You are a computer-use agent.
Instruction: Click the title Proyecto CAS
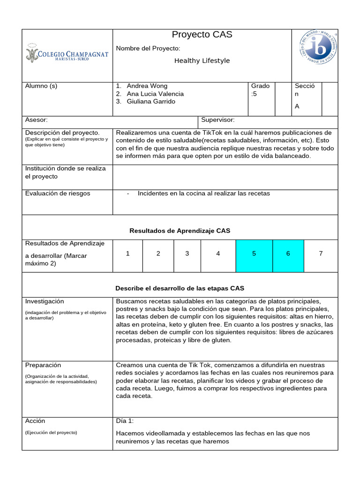(202, 35)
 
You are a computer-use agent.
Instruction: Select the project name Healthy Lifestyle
(202, 60)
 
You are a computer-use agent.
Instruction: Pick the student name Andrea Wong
(147, 86)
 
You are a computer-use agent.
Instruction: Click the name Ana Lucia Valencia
(155, 94)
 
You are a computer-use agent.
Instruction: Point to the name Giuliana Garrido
(151, 101)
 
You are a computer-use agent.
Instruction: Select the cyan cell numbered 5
(254, 254)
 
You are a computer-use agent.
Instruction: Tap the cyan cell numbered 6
(288, 254)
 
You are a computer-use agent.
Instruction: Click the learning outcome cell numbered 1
(127, 254)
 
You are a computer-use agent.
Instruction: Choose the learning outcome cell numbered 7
(321, 254)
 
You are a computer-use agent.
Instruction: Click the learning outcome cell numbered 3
(187, 254)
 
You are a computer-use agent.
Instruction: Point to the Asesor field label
(36, 120)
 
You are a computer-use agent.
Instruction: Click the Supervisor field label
(218, 120)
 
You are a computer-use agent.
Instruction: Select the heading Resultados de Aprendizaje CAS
(180, 231)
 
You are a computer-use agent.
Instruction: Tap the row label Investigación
(45, 301)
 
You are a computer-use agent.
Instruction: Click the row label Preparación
(43, 365)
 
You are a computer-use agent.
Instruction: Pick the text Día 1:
(125, 421)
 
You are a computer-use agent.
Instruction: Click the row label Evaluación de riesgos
(58, 194)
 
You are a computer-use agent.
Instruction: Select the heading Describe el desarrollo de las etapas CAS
(180, 288)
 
